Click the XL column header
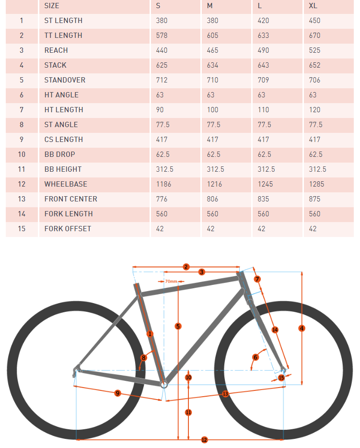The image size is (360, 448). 313,6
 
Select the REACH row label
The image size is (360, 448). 56,50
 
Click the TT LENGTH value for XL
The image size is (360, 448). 314,35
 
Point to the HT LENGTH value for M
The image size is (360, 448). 212,110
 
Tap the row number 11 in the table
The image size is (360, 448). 22,169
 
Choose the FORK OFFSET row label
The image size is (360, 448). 68,229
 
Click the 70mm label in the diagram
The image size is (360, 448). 171,282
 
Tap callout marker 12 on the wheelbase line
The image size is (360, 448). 204,440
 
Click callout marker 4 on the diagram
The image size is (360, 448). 302,328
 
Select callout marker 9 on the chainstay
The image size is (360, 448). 117,393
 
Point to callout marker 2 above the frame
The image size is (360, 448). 186,267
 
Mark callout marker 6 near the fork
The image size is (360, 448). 255,357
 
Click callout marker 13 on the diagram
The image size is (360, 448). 225,393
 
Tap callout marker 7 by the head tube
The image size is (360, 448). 257,279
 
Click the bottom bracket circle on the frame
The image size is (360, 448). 164,384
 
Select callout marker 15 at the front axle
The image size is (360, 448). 281,377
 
